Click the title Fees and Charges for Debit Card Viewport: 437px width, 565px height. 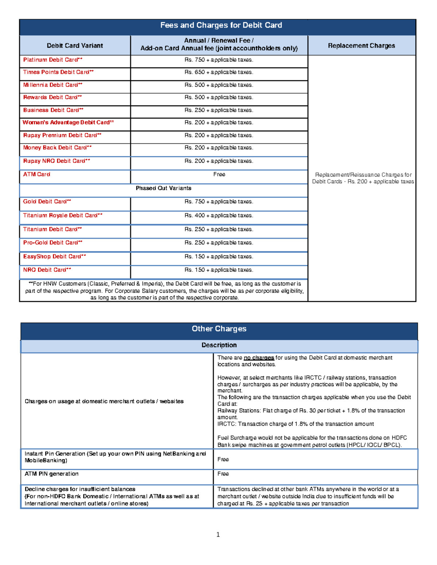tap(221, 25)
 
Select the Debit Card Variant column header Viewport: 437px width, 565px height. tap(75, 45)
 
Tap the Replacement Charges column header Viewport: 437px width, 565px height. tap(361, 45)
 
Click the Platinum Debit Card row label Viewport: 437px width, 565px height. tap(53, 60)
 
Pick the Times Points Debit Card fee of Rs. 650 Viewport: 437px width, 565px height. tap(219, 72)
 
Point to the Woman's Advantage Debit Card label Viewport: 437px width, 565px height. tap(68, 123)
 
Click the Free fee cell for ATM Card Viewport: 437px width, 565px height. tap(219, 175)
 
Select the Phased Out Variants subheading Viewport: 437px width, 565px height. tap(163, 188)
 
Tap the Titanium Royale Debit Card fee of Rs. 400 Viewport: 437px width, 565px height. tap(219, 215)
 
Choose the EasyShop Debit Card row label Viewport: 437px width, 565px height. tap(55, 256)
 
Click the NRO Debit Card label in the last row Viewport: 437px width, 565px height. tap(47, 270)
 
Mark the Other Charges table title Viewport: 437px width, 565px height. tap(219, 329)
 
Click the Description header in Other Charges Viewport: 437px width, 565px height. tap(219, 345)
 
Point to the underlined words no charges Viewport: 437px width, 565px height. tap(259, 358)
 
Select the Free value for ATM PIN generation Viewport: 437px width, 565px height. tap(223, 474)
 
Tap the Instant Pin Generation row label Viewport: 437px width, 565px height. tap(115, 457)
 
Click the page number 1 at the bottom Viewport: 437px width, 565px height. tap(218, 534)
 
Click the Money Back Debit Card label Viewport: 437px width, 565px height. tap(57, 148)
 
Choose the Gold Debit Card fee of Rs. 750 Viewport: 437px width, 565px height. tap(219, 202)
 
